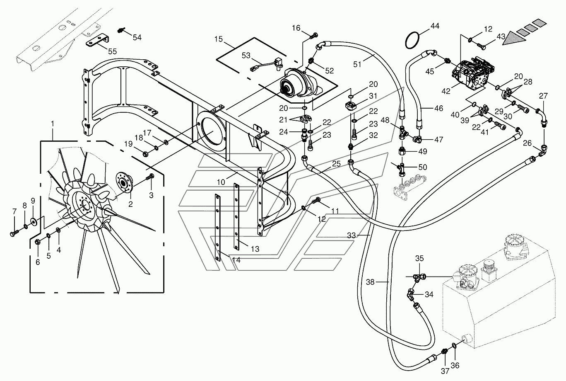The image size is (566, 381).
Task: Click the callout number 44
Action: pos(435,26)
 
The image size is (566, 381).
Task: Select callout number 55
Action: pos(112,51)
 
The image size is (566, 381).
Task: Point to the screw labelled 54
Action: pos(121,30)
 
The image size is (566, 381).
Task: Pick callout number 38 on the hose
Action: pos(370,282)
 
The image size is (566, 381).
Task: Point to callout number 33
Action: pos(352,235)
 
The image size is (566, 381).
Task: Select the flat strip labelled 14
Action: pos(217,227)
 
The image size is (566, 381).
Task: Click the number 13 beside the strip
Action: pos(255,249)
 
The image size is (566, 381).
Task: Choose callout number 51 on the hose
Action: pos(357,64)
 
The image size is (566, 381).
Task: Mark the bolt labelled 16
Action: pos(313,36)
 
